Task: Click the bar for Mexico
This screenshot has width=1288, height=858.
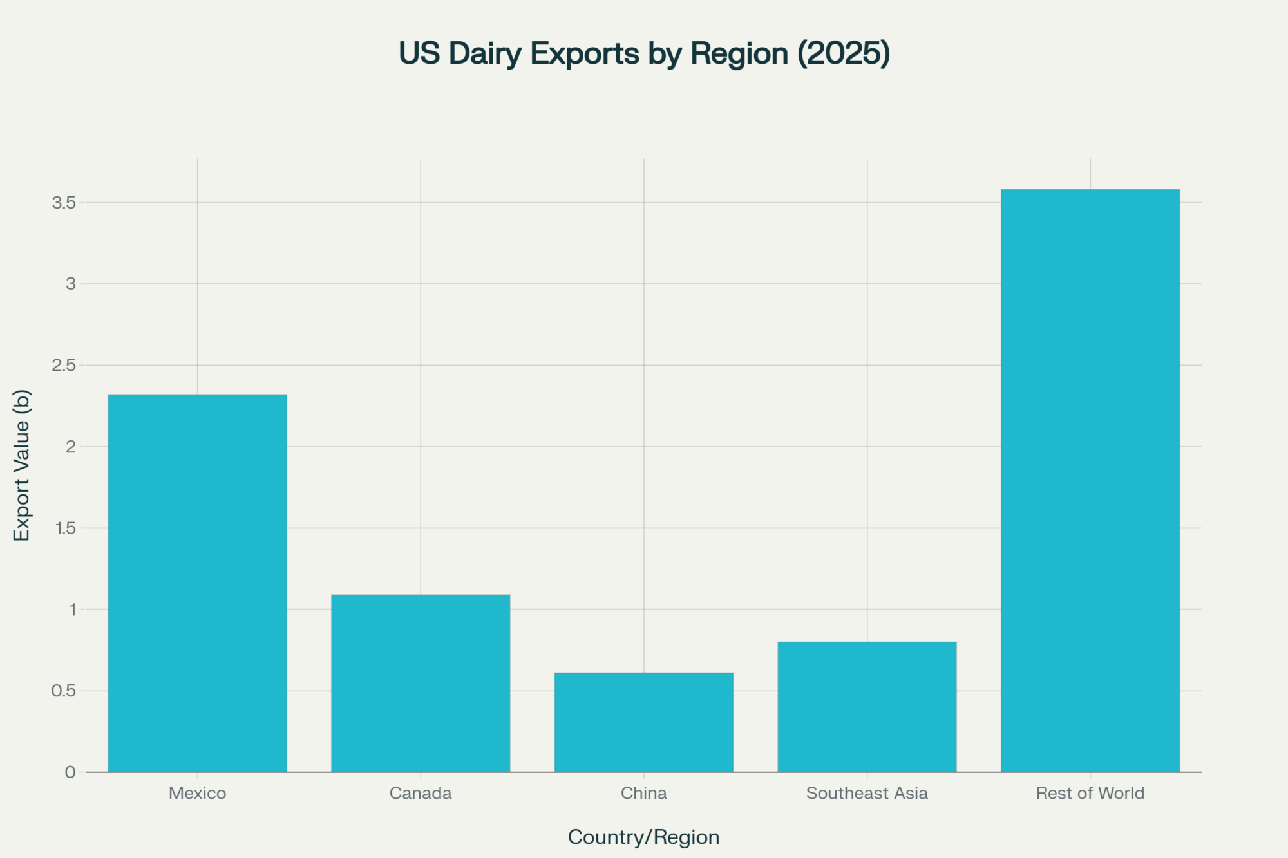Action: click(197, 583)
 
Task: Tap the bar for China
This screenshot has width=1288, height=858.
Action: click(643, 722)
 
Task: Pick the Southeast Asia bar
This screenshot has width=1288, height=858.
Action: click(867, 706)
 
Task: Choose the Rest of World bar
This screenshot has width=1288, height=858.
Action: click(1090, 480)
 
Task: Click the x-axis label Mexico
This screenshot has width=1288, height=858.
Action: click(197, 793)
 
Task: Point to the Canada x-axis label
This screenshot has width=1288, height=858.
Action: click(421, 793)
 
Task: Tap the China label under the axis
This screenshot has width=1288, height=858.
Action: click(643, 793)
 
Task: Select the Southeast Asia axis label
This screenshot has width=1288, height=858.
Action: click(867, 793)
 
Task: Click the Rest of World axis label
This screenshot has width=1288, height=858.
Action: click(1090, 793)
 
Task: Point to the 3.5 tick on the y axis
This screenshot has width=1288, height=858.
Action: click(64, 203)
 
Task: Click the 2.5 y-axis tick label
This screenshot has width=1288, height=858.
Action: click(64, 366)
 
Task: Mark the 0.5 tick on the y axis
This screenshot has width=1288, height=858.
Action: click(64, 691)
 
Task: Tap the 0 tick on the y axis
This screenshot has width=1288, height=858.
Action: click(70, 772)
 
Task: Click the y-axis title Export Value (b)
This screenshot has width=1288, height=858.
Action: click(22, 465)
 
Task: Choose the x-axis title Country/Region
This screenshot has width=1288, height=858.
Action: click(643, 837)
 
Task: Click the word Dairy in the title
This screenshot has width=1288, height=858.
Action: click(485, 53)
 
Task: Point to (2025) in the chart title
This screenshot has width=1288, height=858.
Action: click(844, 53)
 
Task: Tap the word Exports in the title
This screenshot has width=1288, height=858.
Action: click(585, 53)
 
